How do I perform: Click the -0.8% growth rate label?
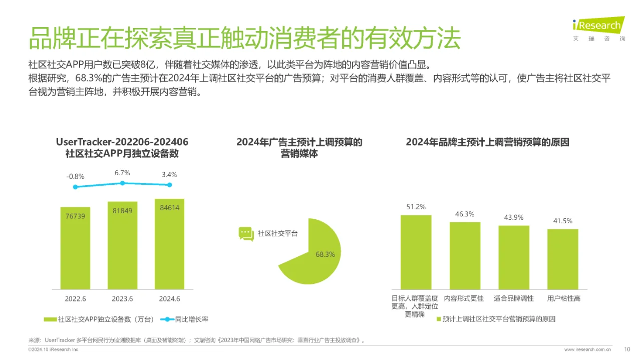point(75,176)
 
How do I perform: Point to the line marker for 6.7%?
point(123,183)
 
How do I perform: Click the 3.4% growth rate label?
point(170,175)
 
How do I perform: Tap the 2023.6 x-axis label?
point(123,299)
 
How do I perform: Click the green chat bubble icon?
point(246,234)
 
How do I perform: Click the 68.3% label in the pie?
point(325,254)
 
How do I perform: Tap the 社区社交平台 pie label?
point(277,234)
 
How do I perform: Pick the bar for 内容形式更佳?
point(465,255)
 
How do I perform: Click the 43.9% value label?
point(514,217)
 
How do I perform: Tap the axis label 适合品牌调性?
point(514,298)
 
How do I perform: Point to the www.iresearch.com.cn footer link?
point(587,349)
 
